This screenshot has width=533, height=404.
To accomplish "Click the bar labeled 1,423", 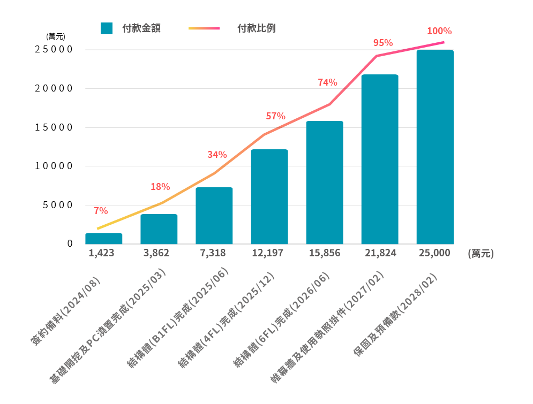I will click(x=104, y=239).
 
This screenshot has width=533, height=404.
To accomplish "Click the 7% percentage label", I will click(x=101, y=211).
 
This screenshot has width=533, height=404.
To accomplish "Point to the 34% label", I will click(x=217, y=155).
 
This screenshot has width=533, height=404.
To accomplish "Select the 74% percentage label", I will click(x=327, y=82).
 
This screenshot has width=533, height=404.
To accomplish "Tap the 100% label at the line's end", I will click(x=439, y=31).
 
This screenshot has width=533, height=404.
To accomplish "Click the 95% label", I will click(x=383, y=43).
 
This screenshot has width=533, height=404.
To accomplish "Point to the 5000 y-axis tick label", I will click(x=56, y=205).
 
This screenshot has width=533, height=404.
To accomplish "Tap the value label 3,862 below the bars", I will click(x=159, y=253).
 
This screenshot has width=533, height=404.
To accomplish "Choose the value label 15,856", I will click(x=325, y=253).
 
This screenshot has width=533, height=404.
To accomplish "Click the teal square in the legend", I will click(x=106, y=28).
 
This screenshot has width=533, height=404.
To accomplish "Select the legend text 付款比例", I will click(x=257, y=28).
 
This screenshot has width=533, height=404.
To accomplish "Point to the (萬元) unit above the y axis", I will click(x=56, y=37).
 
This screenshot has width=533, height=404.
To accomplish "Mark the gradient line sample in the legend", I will click(x=204, y=28).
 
